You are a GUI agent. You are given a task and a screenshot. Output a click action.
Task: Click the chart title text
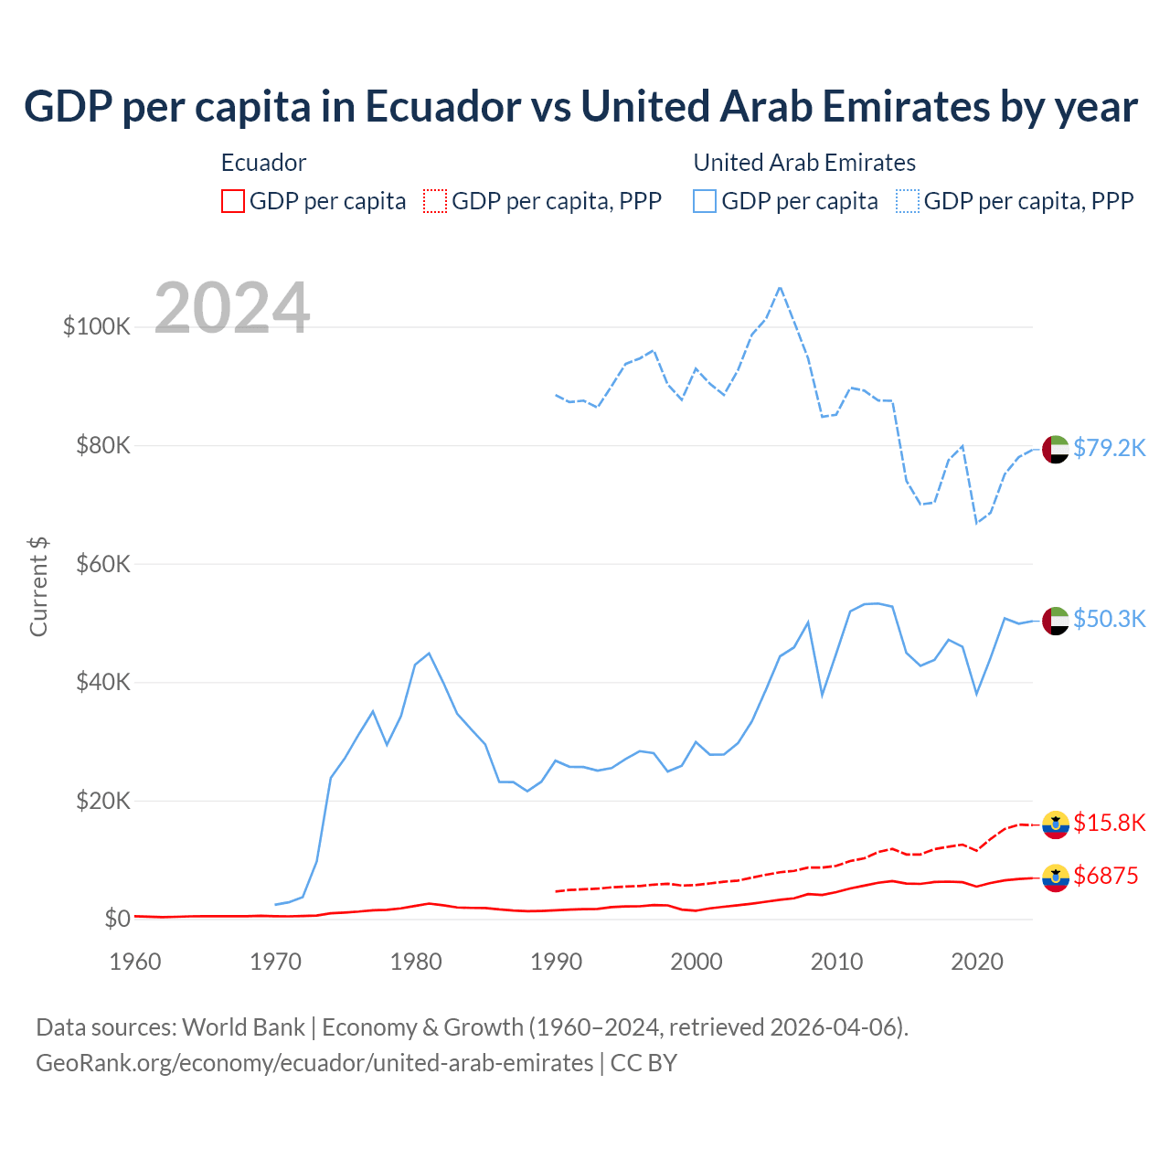(x=580, y=106)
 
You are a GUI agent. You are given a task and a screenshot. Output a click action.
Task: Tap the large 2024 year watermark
(x=232, y=308)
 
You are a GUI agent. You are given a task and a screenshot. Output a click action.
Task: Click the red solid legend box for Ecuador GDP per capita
(x=233, y=201)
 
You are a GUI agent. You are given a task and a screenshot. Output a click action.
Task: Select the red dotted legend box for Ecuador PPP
(x=435, y=201)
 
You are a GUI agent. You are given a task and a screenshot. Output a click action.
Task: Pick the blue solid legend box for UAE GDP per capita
(x=705, y=201)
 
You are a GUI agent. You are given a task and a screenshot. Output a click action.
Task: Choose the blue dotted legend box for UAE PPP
(x=908, y=201)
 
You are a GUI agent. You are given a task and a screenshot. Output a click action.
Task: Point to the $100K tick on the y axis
(x=97, y=326)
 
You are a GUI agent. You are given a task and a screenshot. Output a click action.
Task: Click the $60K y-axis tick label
(x=102, y=564)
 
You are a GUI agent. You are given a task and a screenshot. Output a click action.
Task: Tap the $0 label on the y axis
(x=117, y=919)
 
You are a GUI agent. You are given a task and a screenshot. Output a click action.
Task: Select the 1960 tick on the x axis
(x=135, y=962)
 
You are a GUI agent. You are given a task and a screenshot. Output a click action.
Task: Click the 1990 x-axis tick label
(x=556, y=962)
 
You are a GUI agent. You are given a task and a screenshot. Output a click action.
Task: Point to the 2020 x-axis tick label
(x=977, y=962)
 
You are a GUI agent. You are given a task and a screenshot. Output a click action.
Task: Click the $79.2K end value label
(x=1109, y=448)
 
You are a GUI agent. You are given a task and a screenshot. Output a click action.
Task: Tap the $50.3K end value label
(x=1109, y=619)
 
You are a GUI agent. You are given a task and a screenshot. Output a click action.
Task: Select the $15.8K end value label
(x=1109, y=823)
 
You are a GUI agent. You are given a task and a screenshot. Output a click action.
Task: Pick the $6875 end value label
(x=1106, y=876)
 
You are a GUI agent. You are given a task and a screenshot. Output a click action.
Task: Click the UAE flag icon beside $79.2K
(x=1056, y=450)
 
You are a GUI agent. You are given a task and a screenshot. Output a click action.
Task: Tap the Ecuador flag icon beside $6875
(x=1056, y=877)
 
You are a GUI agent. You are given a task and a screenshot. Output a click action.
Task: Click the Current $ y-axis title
(x=38, y=587)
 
